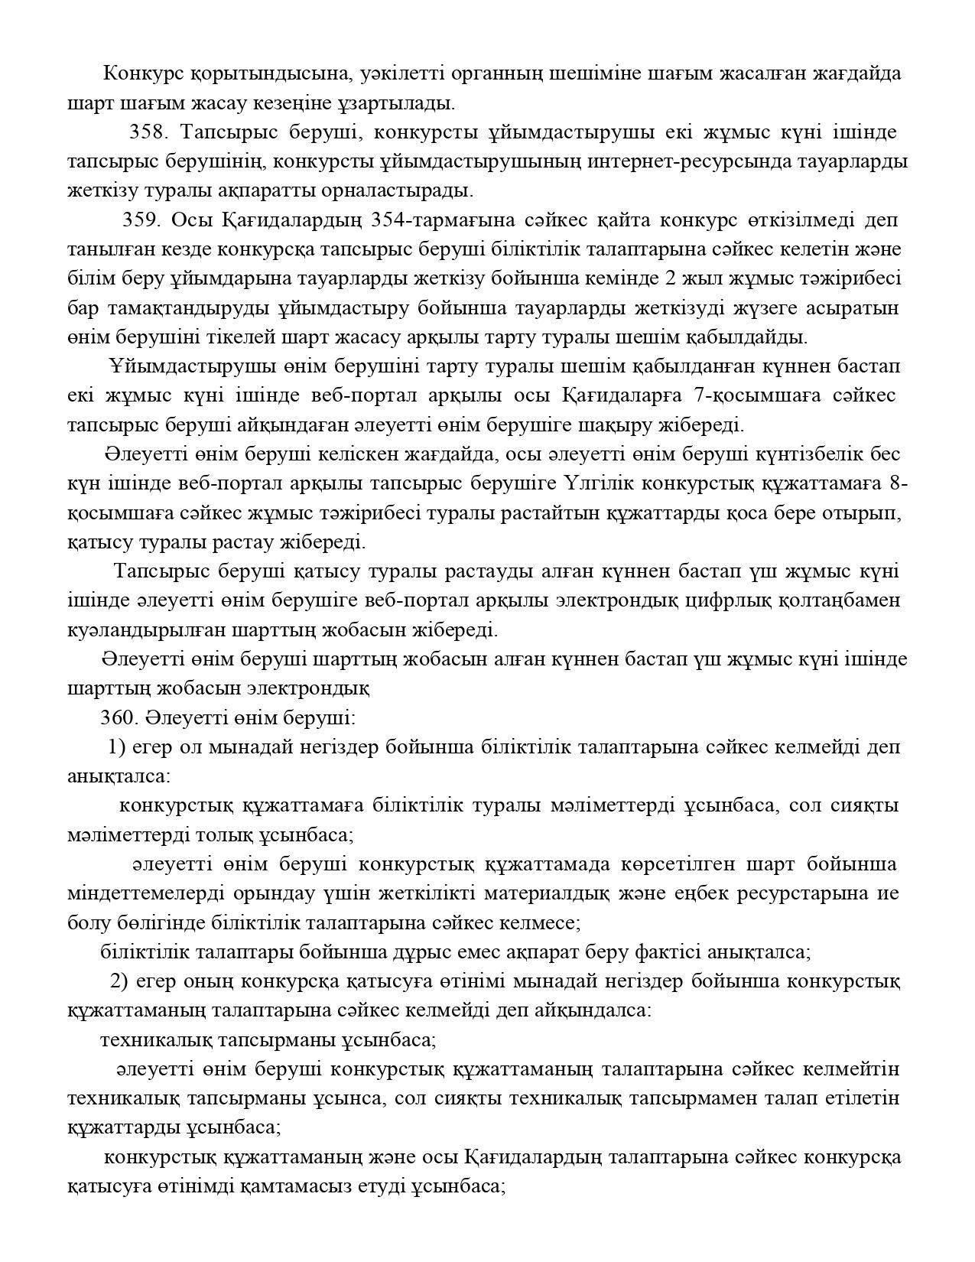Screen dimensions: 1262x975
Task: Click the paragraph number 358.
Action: click(148, 132)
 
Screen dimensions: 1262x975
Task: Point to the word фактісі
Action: click(671, 952)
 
